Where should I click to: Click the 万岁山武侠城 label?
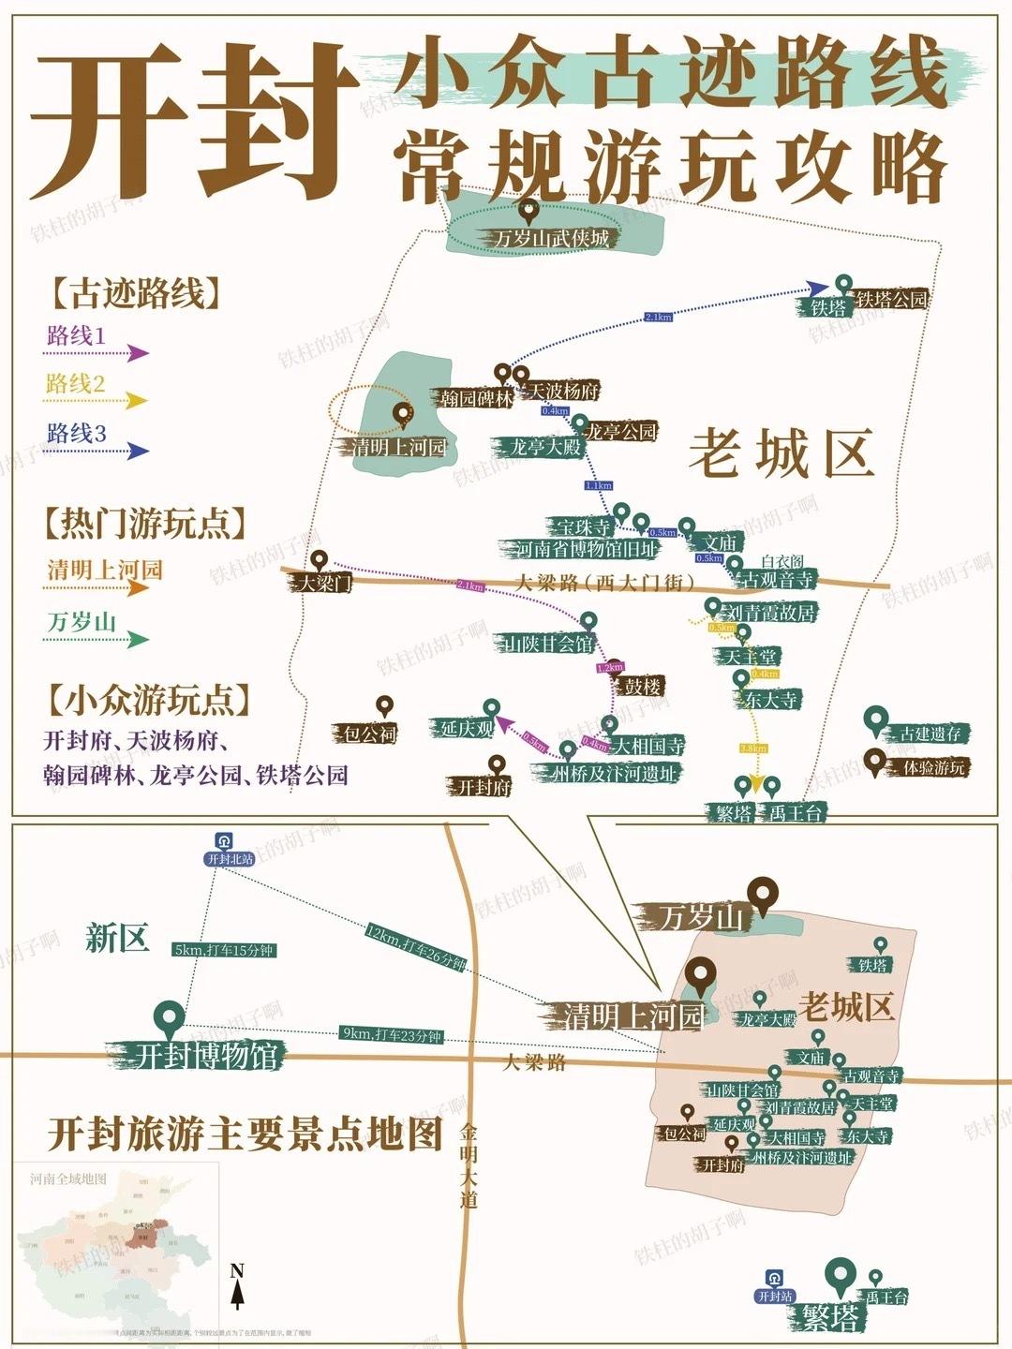coord(552,238)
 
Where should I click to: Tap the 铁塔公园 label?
coord(891,299)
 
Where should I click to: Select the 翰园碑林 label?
coord(477,398)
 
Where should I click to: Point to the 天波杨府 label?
coord(564,391)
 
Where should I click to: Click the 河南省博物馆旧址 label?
coord(588,549)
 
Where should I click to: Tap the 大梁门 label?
coord(323,584)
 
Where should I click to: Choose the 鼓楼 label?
coord(643,687)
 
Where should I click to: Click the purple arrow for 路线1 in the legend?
coord(137,353)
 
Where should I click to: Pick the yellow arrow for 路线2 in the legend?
coord(137,401)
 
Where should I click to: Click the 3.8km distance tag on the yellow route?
coord(752,749)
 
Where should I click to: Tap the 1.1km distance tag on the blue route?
coord(598,485)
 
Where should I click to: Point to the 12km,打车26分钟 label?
coord(415,947)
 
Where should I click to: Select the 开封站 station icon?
coord(775,1279)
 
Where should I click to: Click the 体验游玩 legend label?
coord(933,767)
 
